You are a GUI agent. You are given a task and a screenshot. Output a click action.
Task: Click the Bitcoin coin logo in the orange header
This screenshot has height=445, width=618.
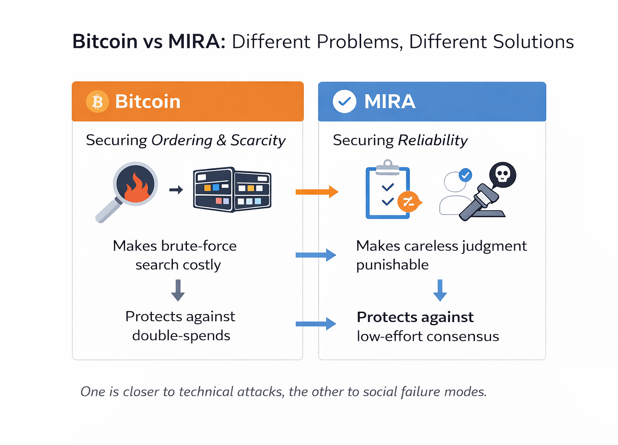coord(97,102)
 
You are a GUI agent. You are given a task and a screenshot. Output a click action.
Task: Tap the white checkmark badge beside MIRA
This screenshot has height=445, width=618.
coord(344,102)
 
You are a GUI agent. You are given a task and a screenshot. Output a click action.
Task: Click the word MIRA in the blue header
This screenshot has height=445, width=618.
coord(389,102)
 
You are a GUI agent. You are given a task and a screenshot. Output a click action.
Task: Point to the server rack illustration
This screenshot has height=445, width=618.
coord(232,189)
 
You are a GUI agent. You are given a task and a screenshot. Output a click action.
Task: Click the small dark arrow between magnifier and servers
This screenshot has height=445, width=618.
coord(176,190)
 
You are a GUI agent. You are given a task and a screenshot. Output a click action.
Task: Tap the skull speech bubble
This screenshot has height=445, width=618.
coord(502,175)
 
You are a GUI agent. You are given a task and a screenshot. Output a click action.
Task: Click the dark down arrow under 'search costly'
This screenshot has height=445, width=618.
coord(178,290)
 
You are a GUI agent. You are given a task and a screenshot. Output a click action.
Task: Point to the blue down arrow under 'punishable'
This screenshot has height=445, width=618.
coord(440,290)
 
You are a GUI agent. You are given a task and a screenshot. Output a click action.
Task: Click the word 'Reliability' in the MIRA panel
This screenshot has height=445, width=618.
coord(432,140)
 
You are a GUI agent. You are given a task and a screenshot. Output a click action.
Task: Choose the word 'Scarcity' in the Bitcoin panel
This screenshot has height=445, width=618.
coord(258,140)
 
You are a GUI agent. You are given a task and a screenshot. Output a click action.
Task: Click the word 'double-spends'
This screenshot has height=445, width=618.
coord(181,335)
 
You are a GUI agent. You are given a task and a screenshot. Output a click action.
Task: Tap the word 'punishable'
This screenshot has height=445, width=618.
coord(392,265)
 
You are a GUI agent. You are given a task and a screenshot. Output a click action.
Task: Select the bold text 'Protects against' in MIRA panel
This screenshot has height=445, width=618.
coord(415,317)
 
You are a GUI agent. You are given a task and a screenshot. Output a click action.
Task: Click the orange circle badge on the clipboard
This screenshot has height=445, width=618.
coord(409,202)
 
